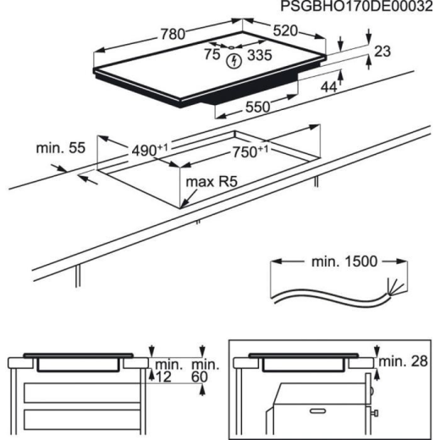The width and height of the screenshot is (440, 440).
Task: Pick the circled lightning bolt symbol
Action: pyautogui.click(x=236, y=59)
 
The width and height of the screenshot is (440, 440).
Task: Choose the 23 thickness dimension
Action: pyautogui.click(x=382, y=52)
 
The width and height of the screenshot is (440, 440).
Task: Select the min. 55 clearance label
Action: pyautogui.click(x=56, y=149)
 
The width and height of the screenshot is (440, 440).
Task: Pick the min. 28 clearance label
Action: pyautogui.click(x=404, y=363)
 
